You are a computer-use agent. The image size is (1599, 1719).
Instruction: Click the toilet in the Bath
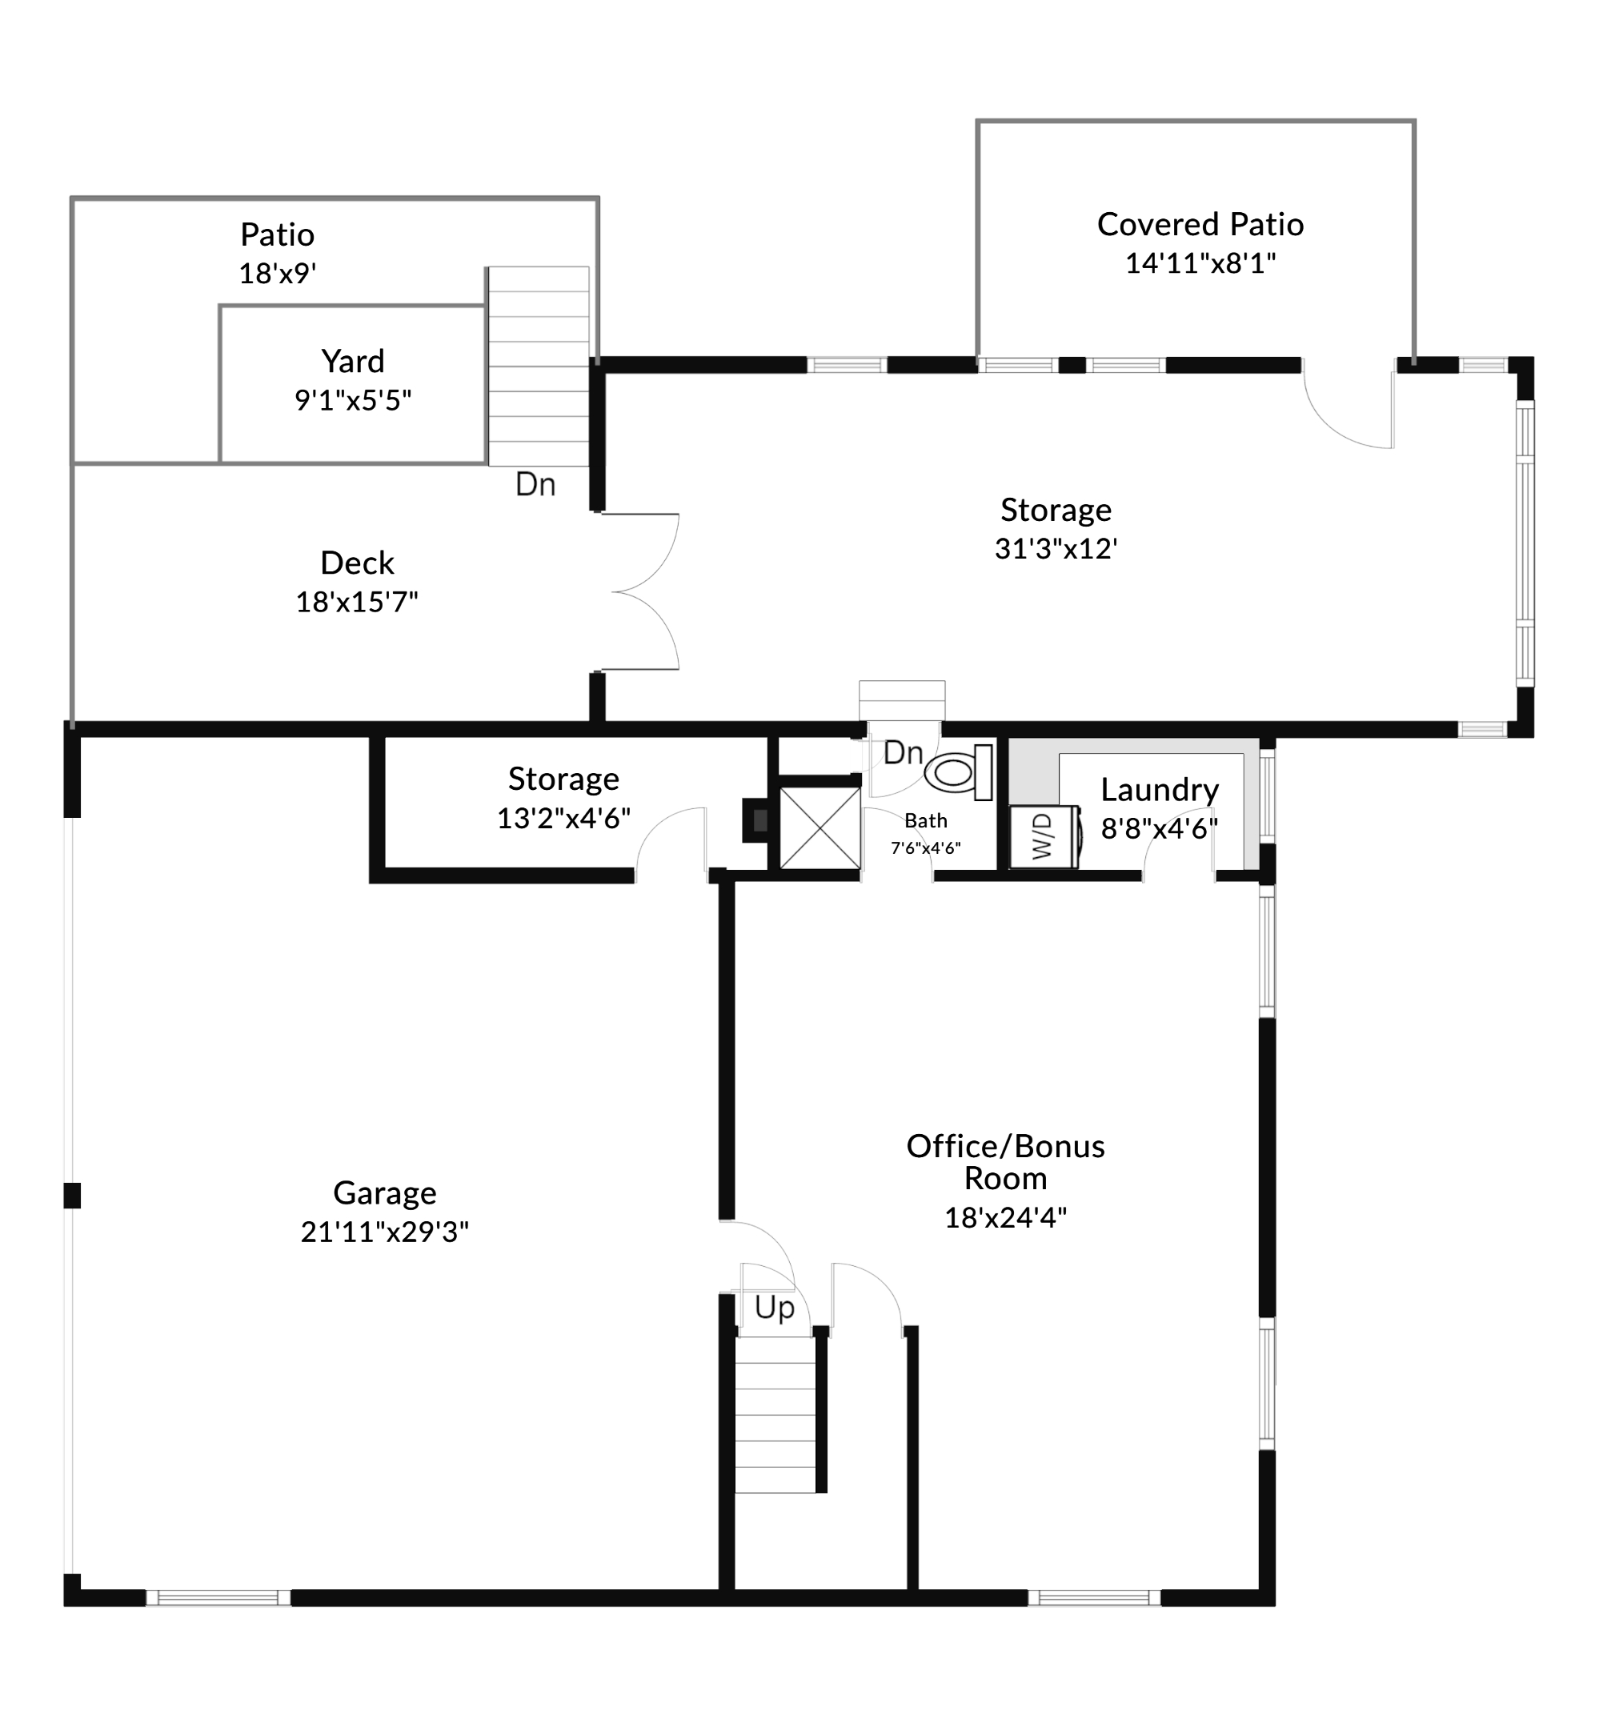pos(959,771)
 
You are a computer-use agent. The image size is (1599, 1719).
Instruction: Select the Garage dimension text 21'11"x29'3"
pos(385,1231)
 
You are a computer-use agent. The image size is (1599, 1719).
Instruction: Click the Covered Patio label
pos(1200,224)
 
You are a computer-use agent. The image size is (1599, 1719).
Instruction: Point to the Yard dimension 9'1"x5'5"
pos(353,400)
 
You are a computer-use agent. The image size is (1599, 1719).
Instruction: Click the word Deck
pos(357,563)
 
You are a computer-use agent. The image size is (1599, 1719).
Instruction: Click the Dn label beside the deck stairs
pos(535,484)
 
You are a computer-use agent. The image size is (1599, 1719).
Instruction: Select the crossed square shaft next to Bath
pos(820,827)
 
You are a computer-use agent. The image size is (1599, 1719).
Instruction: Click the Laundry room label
pos(1160,789)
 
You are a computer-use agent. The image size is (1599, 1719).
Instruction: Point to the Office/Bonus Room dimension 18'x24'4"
pos(1005,1217)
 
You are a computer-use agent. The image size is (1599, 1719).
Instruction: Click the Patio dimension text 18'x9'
pos(278,273)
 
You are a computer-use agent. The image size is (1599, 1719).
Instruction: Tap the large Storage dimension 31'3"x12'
pos(1056,548)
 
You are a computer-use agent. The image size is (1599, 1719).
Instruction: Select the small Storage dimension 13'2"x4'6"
pos(563,818)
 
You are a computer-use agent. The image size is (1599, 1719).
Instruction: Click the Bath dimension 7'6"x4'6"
pos(925,848)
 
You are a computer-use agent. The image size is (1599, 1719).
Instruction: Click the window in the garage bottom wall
pos(218,1598)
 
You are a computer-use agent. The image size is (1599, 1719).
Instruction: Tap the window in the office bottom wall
pos(1094,1598)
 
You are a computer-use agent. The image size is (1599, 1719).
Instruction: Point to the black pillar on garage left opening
pos(73,1195)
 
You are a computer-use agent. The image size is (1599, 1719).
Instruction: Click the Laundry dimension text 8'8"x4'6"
pos(1159,828)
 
